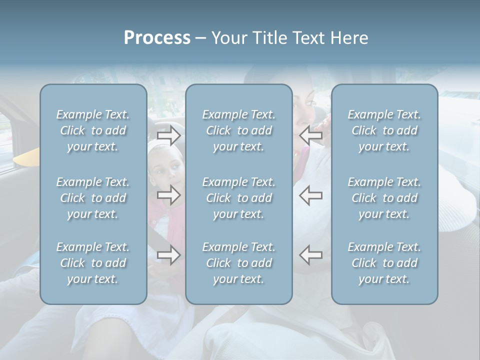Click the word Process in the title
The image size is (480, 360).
click(157, 38)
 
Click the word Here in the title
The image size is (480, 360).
click(348, 38)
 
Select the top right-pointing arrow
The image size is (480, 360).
click(168, 135)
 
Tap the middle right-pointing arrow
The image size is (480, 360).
click(168, 195)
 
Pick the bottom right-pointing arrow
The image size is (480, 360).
click(168, 255)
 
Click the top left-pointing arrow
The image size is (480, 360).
click(311, 135)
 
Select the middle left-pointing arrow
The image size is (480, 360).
click(311, 195)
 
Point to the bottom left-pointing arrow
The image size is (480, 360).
click(311, 255)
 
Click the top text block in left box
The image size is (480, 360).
click(93, 130)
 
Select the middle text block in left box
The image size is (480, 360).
click(93, 198)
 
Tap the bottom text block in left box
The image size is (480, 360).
click(93, 263)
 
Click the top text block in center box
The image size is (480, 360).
click(239, 130)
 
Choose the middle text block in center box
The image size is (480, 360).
click(239, 198)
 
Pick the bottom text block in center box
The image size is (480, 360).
click(239, 263)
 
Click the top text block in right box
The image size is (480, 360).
click(384, 130)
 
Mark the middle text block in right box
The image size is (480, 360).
click(384, 198)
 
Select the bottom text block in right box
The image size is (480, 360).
click(384, 263)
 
